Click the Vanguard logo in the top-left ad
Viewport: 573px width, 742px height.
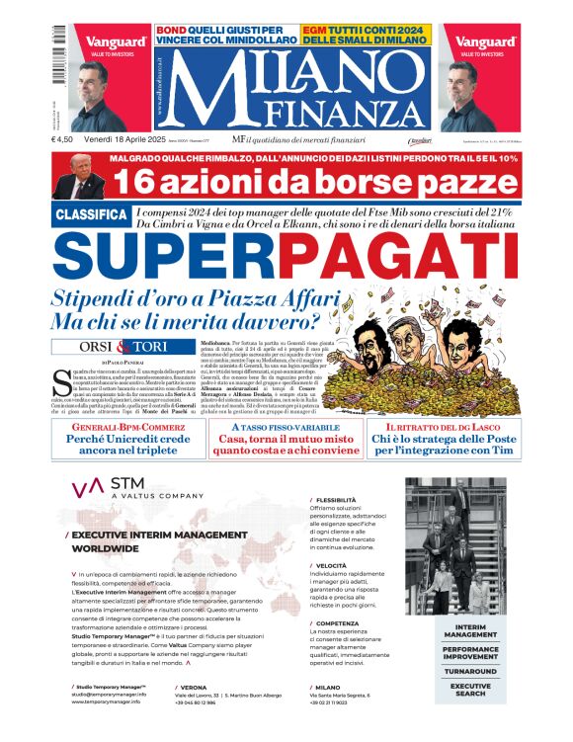click(116, 42)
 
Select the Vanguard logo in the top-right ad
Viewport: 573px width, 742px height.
click(479, 42)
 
